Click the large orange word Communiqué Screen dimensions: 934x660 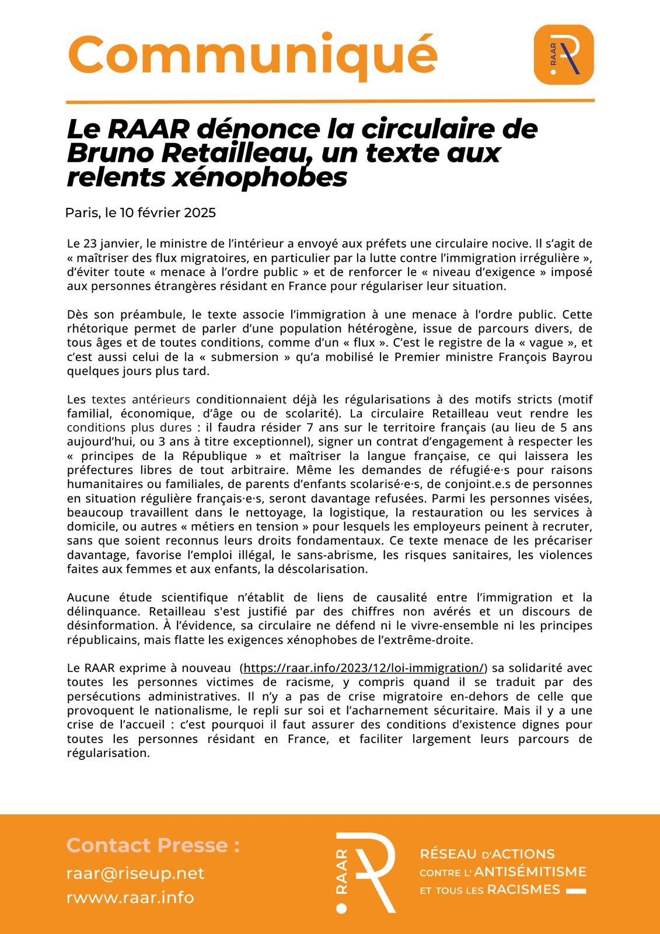coord(252,54)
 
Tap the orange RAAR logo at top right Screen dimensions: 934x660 coord(563,54)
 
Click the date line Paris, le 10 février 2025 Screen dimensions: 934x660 coord(141,212)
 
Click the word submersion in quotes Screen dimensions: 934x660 coord(245,357)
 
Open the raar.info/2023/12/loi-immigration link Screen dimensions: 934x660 coord(364,668)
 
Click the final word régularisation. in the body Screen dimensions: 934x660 coord(109,753)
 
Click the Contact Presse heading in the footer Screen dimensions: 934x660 coord(153,845)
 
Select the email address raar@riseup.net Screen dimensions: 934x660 coord(135,873)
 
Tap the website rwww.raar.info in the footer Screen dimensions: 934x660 coord(130,897)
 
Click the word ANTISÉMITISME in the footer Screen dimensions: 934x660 coord(530,872)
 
